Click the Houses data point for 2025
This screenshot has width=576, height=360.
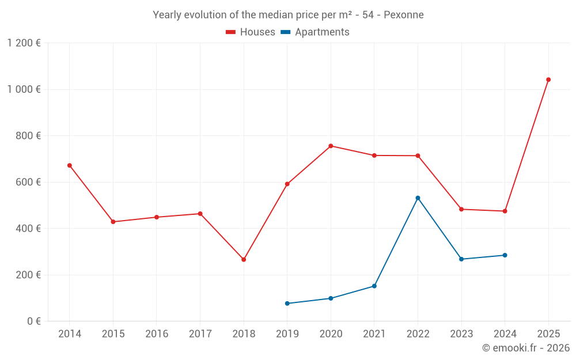tap(548, 79)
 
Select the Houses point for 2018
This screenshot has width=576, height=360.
tap(244, 260)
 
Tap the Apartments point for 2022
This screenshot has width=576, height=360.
tap(418, 198)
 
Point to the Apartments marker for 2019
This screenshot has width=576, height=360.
tap(287, 304)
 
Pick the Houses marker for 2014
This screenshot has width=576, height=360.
tap(70, 165)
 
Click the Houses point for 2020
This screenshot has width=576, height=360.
tap(331, 146)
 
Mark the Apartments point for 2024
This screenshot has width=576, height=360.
tap(505, 255)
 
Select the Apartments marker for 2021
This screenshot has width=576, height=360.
tap(374, 286)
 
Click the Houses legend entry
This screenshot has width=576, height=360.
tap(251, 32)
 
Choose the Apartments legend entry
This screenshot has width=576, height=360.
tap(315, 32)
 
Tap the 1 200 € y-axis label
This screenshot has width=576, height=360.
tap(24, 43)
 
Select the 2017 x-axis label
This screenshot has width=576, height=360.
tap(200, 334)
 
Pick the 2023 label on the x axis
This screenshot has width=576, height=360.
tap(461, 334)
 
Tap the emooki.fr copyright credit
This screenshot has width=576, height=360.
tap(526, 348)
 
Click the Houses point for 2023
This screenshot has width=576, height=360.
tap(461, 209)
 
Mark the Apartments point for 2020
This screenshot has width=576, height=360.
tap(331, 298)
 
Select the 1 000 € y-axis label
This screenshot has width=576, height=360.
tap(24, 89)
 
